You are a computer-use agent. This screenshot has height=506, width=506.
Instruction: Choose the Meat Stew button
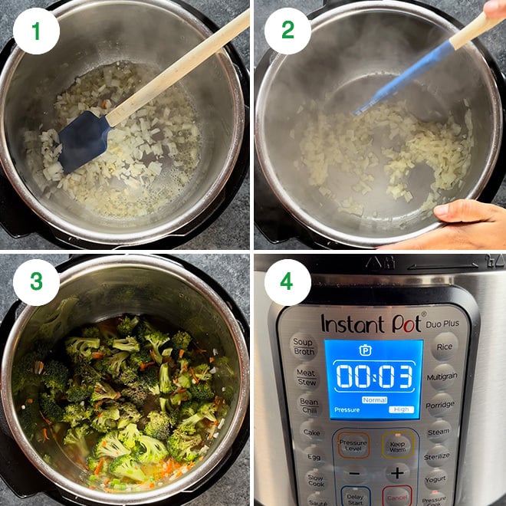[306, 376]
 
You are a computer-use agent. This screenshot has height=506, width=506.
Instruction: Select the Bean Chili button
[308, 406]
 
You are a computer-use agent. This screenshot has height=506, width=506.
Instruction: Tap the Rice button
[445, 347]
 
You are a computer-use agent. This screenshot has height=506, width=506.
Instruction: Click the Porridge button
[440, 405]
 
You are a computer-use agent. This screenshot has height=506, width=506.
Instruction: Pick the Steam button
[439, 432]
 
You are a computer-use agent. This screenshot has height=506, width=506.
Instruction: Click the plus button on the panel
[396, 473]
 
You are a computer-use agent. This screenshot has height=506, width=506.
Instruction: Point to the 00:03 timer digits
[373, 376]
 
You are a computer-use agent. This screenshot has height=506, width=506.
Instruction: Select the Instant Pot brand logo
[372, 323]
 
